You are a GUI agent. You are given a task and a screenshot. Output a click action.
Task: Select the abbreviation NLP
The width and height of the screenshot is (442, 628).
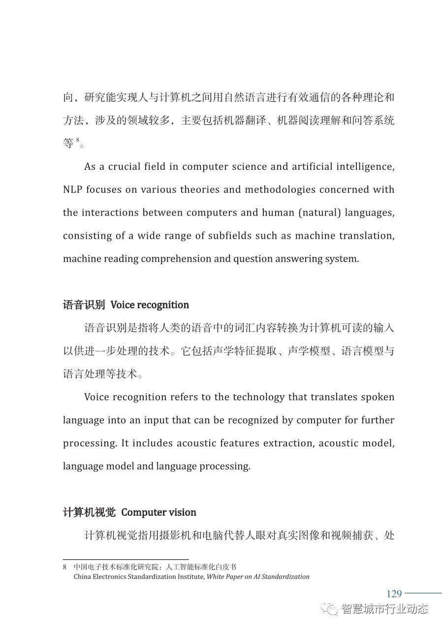(x=73, y=190)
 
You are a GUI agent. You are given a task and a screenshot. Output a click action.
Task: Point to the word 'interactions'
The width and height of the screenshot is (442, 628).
(x=109, y=213)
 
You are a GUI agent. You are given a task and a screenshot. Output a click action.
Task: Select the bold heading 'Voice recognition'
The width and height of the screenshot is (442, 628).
(x=150, y=305)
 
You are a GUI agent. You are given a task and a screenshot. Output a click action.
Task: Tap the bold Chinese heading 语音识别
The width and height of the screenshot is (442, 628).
(x=84, y=305)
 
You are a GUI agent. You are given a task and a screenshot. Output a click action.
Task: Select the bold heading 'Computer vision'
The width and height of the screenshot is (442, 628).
(x=158, y=512)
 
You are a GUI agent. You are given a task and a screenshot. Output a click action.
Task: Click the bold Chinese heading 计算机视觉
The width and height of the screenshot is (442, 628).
(x=89, y=512)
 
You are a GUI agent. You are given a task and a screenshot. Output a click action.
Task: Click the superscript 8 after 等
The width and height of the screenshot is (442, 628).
(x=78, y=140)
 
